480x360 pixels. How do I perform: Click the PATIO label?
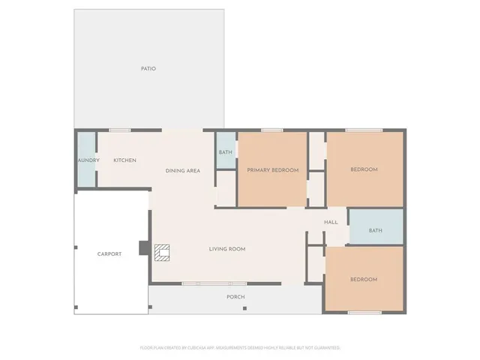pyautogui.click(x=148, y=69)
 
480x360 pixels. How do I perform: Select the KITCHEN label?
pyautogui.click(x=124, y=160)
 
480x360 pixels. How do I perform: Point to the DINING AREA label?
pyautogui.click(x=183, y=171)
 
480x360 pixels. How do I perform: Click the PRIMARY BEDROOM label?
pyautogui.click(x=273, y=170)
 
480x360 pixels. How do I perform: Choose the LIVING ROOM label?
pyautogui.click(x=226, y=249)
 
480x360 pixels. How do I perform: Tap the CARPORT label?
pyautogui.click(x=109, y=254)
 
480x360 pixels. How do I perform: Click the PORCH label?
pyautogui.click(x=235, y=297)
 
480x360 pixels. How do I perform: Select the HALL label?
pyautogui.click(x=331, y=223)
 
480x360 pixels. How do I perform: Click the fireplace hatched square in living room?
pyautogui.click(x=163, y=252)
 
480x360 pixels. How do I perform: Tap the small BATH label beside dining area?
pyautogui.click(x=226, y=153)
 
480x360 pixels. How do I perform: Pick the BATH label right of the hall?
pyautogui.click(x=375, y=230)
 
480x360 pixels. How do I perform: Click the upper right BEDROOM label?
pyautogui.click(x=364, y=169)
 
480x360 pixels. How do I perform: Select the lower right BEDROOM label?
pyautogui.click(x=364, y=280)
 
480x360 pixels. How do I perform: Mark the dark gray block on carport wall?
pyautogui.click(x=143, y=247)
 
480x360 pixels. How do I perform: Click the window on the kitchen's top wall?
pyautogui.click(x=120, y=130)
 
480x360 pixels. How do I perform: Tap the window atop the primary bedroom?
pyautogui.click(x=271, y=130)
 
